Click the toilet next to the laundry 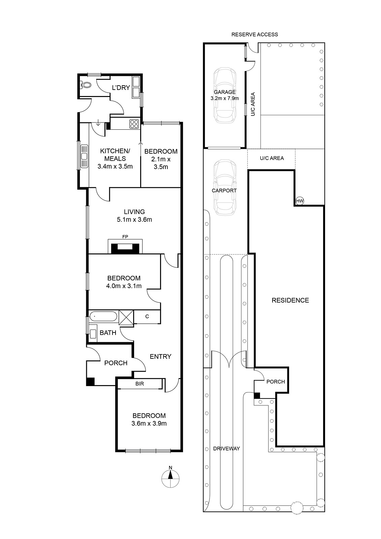click(85, 85)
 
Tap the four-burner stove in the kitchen click(134, 124)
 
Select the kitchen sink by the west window click(84, 156)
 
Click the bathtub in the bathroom click(103, 316)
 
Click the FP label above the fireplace click(125, 237)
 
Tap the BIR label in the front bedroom click(139, 384)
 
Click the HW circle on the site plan click(299, 201)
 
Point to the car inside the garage click(225, 96)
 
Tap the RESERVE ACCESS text click(255, 35)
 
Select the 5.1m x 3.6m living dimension click(134, 219)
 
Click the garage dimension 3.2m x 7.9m click(225, 98)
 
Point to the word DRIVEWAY click(226, 448)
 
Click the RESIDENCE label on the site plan click(290, 300)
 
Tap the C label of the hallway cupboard click(147, 316)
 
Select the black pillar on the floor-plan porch click(90, 382)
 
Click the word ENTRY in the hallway click(161, 356)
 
